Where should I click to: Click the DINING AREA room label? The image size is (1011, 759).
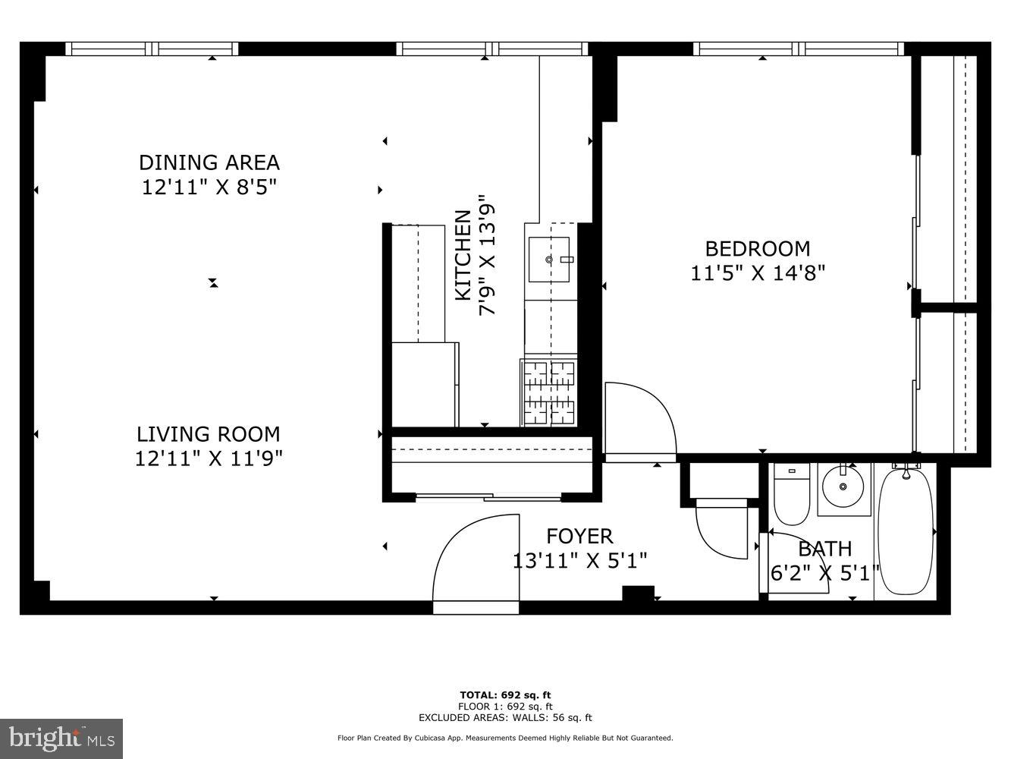pos(209,162)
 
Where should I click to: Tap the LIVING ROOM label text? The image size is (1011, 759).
pos(209,434)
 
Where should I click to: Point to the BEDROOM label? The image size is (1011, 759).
pos(757,248)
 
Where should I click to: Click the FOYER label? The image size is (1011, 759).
pos(579,537)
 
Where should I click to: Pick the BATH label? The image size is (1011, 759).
pos(824,548)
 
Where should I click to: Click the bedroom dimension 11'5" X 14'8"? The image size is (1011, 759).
pos(757,272)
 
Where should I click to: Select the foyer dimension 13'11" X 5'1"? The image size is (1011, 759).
pos(579,561)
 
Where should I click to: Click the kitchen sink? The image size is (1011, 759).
pos(549,260)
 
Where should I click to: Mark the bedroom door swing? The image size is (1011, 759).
pos(639,422)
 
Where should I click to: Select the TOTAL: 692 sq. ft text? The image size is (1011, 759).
pos(505,694)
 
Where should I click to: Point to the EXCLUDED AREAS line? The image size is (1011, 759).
pos(505,717)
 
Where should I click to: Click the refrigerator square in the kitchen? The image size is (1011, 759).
pos(425,383)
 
